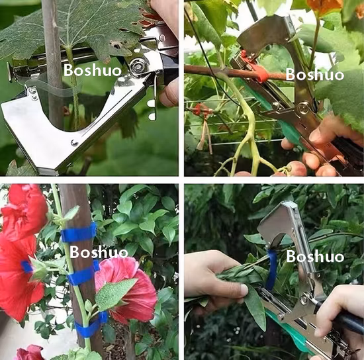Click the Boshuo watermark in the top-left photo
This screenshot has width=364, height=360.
point(93,70)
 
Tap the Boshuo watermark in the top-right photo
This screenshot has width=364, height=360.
point(315,73)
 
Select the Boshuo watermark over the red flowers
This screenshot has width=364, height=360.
point(99,251)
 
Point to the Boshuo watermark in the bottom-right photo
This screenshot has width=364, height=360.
point(315,256)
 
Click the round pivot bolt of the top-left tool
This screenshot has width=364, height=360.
point(138,65)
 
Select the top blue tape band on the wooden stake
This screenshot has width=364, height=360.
point(78,233)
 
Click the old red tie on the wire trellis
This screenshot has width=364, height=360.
point(201,109)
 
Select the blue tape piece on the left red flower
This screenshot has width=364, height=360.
point(26,267)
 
